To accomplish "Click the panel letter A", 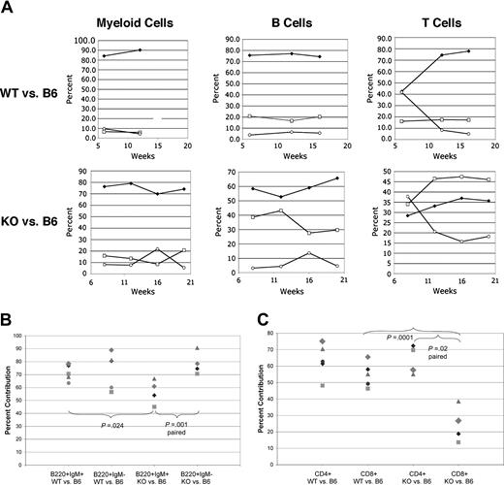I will [8, 8].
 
